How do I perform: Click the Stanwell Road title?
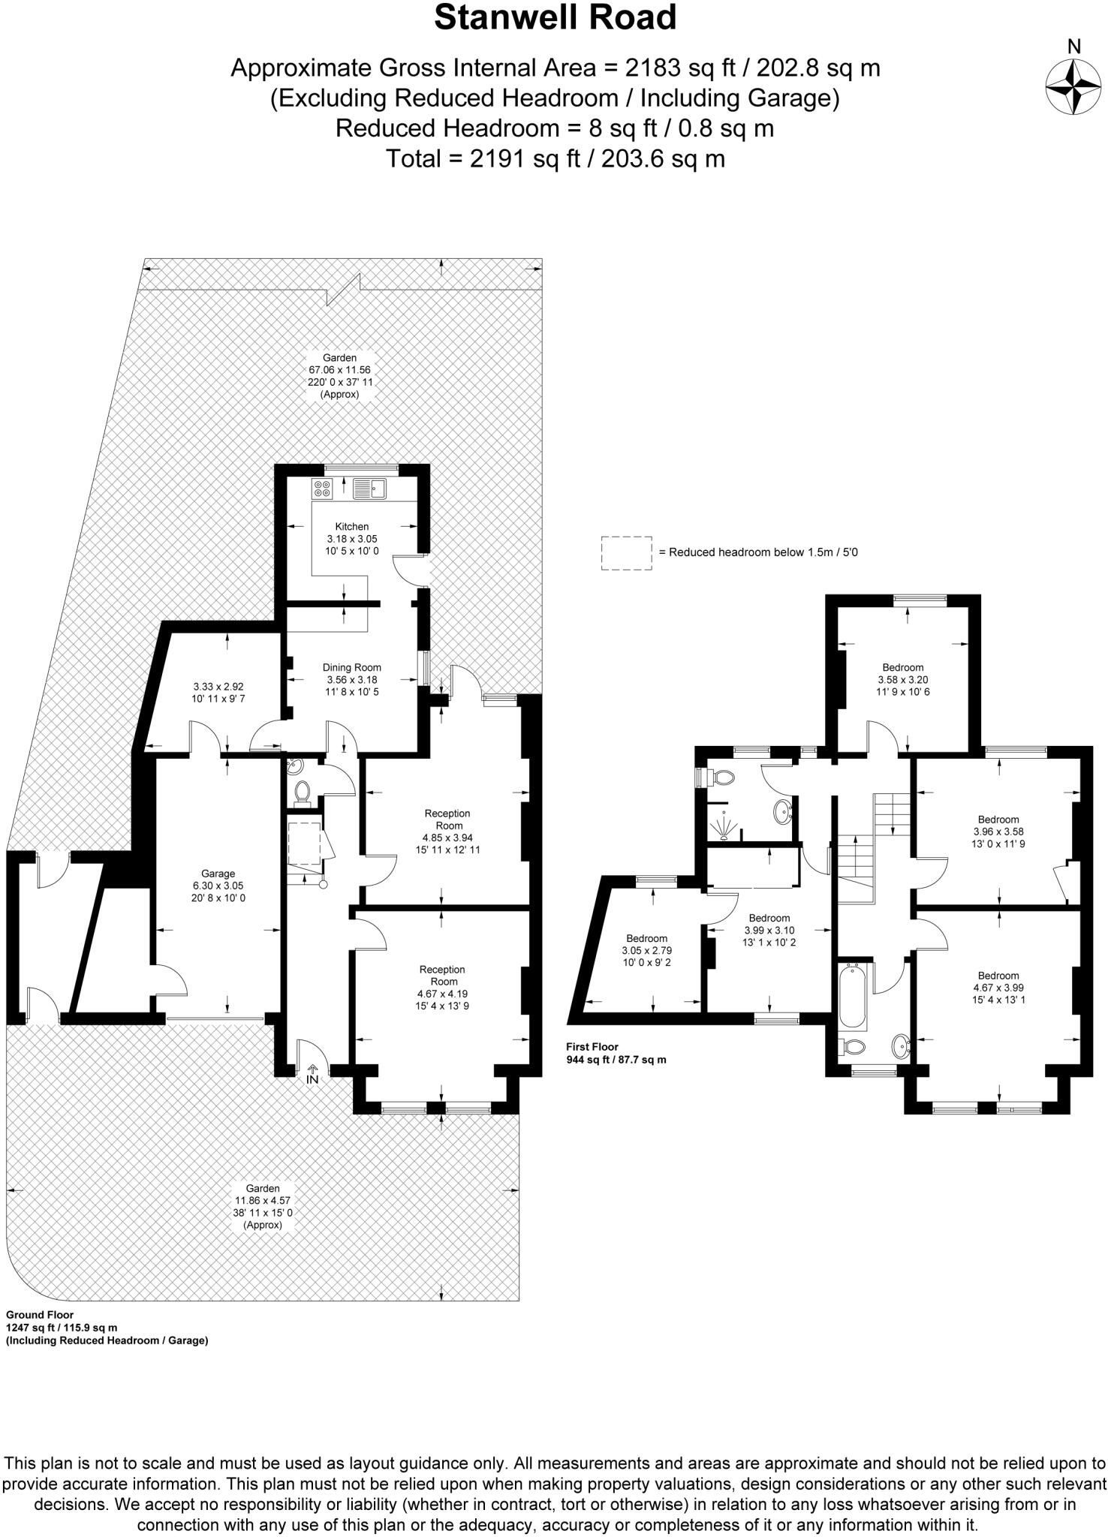555,18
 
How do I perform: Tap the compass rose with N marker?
1073,87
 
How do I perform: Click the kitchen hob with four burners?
323,489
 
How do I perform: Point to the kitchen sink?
369,489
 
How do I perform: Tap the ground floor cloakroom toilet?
303,791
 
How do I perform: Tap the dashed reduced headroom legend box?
626,553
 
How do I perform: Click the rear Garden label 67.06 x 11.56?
339,376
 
